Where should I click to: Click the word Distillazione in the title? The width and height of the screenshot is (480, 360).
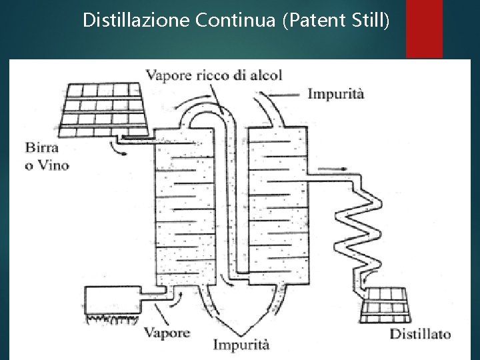pos(137,20)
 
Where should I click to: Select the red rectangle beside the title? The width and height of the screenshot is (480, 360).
pos(424,29)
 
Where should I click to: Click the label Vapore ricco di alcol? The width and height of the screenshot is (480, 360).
pos(217,74)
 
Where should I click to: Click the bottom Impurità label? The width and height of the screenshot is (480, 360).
pos(241,345)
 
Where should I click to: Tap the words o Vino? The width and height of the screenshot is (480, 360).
pos(47,164)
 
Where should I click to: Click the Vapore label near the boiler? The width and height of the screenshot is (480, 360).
pos(166,331)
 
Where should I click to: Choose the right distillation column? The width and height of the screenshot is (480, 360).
pos(277,207)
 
